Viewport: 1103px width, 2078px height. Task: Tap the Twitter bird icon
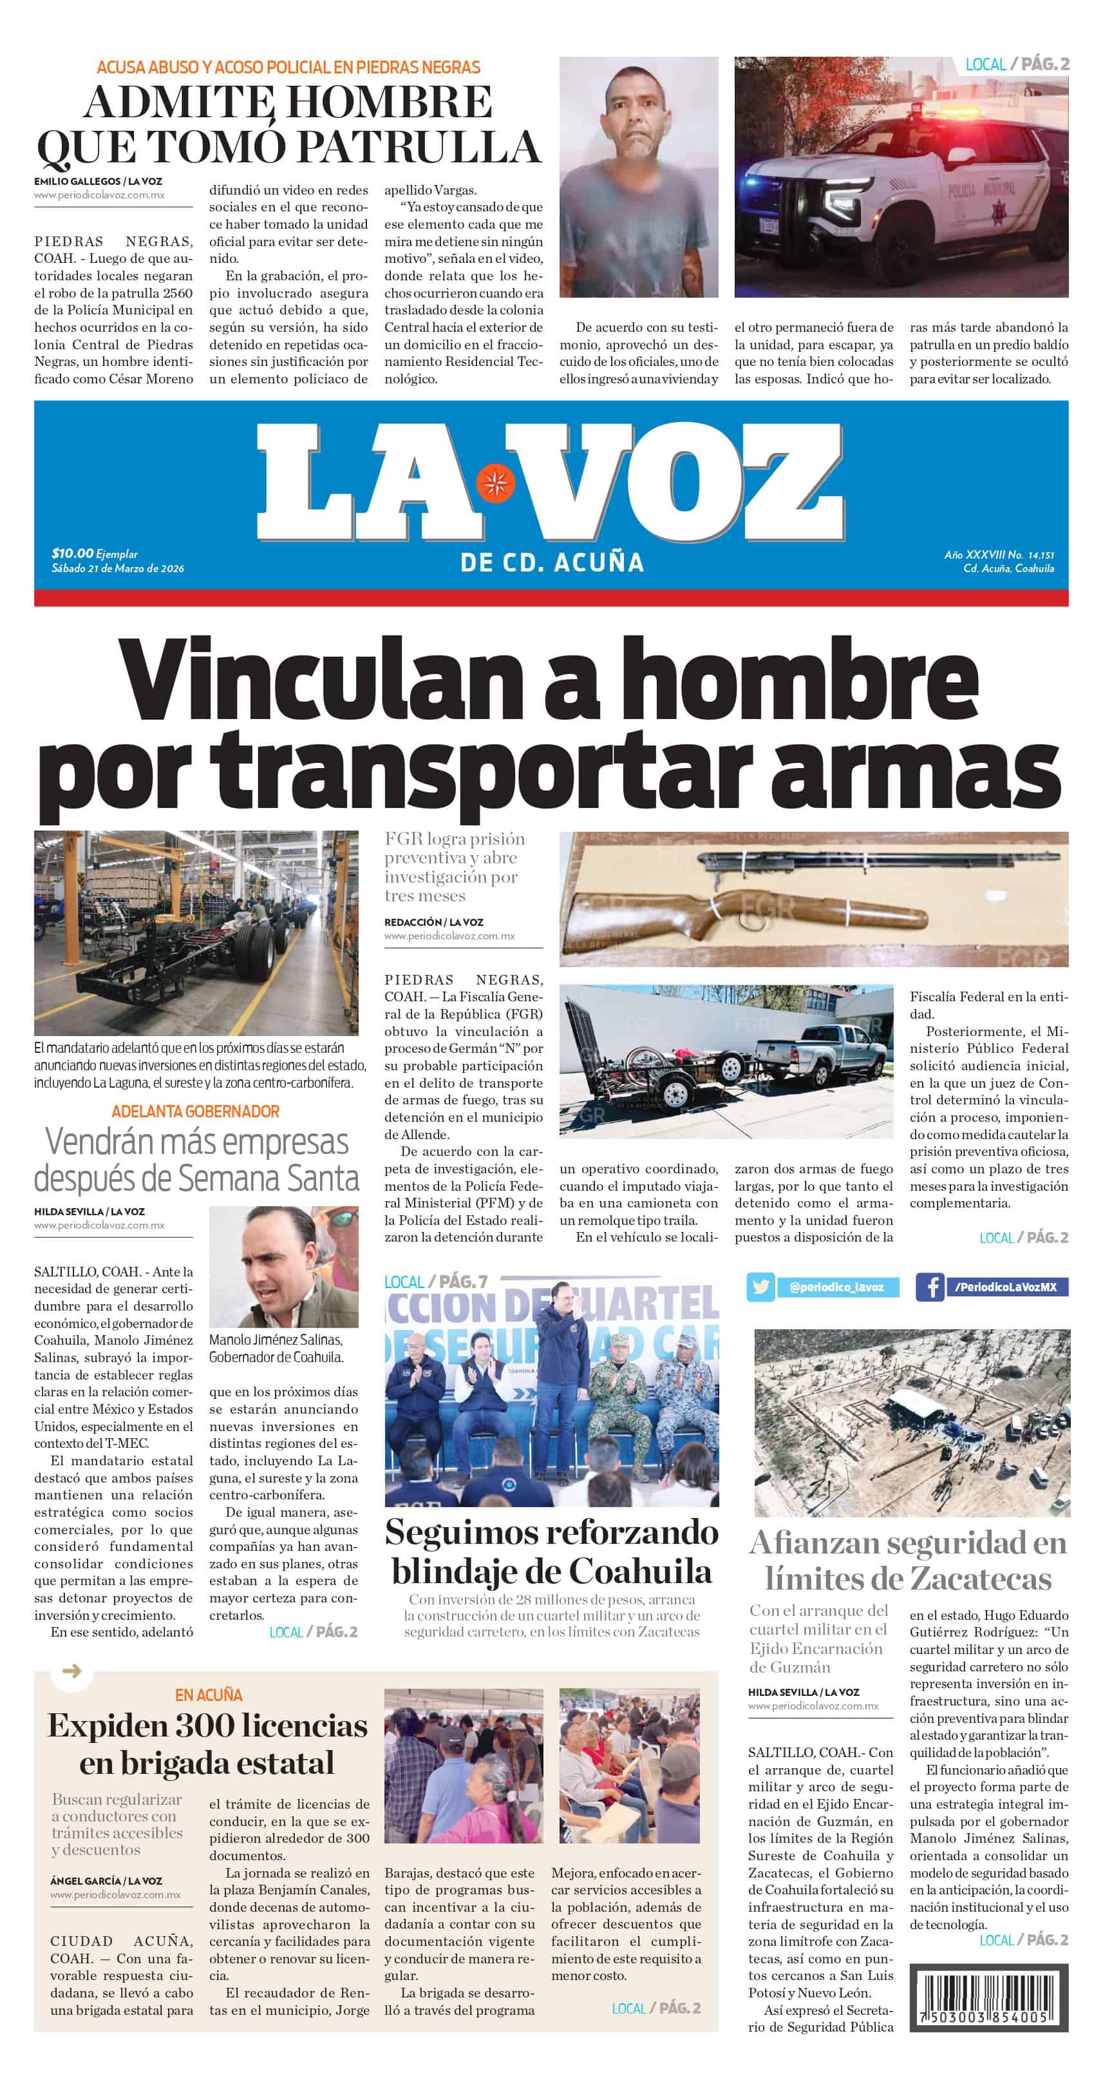(x=760, y=1287)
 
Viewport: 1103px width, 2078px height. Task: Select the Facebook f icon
(x=930, y=1287)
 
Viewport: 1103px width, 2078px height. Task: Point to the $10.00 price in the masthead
(x=71, y=553)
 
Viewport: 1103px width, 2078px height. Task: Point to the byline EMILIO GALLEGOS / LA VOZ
(x=98, y=182)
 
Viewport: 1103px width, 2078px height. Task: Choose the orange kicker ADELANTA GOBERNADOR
(x=195, y=1111)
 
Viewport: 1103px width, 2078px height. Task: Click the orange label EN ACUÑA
(x=208, y=1695)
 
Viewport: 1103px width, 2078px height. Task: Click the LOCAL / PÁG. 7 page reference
(x=435, y=1281)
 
